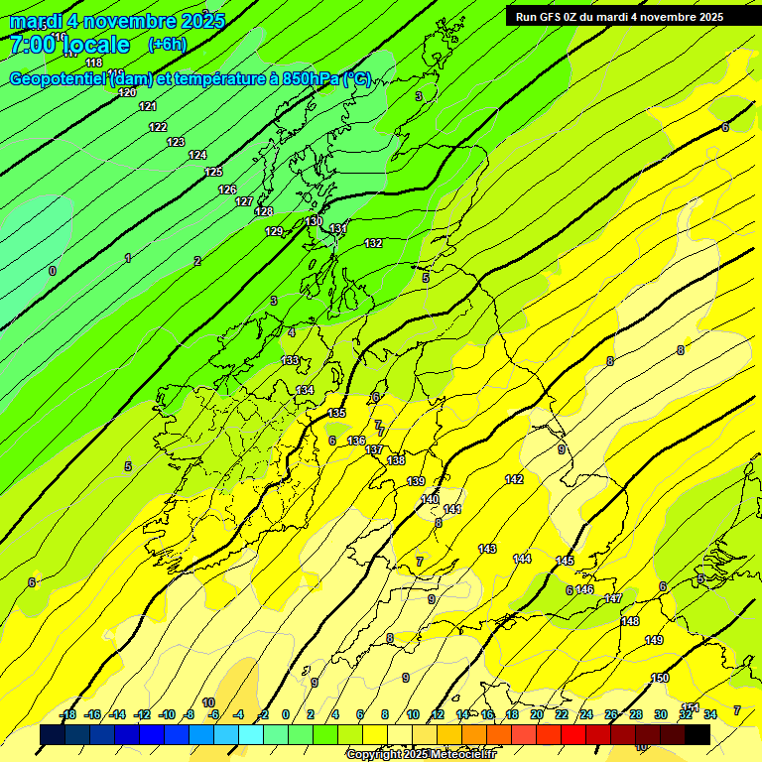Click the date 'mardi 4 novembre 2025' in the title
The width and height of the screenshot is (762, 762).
(117, 21)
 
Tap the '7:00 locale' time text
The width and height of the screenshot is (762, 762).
(69, 45)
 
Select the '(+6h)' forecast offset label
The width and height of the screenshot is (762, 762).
(167, 45)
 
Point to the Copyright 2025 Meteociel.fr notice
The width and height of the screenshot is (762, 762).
(422, 754)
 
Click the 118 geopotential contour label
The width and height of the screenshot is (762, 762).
(94, 63)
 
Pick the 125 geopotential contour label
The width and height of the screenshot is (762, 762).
(213, 173)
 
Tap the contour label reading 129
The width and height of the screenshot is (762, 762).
(274, 232)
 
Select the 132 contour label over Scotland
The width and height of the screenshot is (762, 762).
(373, 244)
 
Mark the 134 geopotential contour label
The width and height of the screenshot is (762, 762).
(305, 391)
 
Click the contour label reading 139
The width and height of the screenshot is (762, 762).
(416, 482)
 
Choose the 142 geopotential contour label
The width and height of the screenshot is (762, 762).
(514, 480)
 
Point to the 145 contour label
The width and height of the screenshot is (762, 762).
(565, 562)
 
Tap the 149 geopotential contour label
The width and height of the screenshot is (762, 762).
(654, 641)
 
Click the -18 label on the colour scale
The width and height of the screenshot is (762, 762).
(67, 715)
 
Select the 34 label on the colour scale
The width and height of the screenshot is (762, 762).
(710, 715)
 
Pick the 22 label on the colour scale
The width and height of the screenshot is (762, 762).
(562, 715)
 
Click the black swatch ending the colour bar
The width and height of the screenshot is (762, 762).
(698, 734)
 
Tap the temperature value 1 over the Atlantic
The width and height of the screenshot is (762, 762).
(127, 259)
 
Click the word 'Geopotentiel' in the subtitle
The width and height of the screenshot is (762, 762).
(59, 79)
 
